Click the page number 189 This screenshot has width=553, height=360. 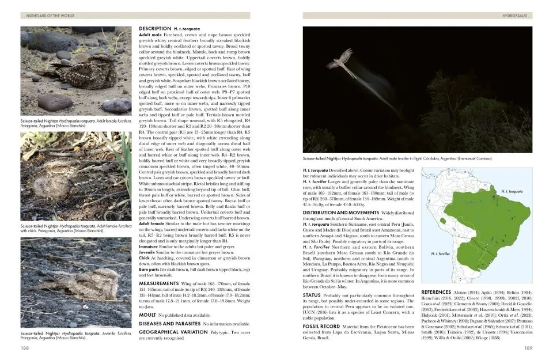(528, 348)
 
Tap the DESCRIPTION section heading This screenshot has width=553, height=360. (156, 28)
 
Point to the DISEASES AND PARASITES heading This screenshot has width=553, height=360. (171, 324)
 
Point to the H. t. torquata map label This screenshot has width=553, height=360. (514, 191)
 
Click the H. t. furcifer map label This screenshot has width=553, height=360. (440, 253)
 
